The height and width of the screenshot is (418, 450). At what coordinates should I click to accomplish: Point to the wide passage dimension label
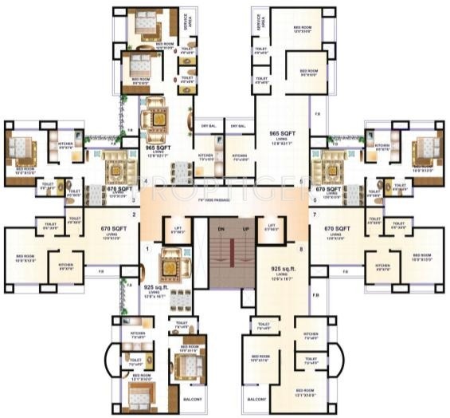click(x=225, y=199)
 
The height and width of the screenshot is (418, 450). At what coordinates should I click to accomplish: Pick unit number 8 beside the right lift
click(x=300, y=250)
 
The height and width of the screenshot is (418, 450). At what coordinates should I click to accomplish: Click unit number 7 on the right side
click(x=315, y=215)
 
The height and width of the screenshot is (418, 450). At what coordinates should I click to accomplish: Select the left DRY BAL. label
click(x=209, y=126)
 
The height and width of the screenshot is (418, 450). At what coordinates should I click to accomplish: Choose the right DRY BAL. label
click(x=238, y=126)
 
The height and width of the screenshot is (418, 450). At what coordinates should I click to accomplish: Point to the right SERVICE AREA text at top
click(x=259, y=22)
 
